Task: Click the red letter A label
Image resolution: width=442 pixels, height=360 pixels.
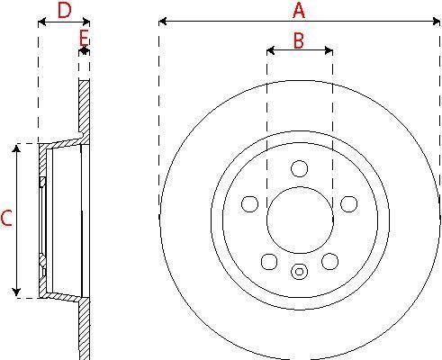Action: (299, 11)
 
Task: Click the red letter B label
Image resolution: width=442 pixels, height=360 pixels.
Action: (299, 40)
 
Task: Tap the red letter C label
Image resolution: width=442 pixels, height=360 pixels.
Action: (6, 218)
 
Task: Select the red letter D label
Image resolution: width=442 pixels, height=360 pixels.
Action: (64, 11)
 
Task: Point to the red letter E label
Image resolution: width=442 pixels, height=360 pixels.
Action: (85, 38)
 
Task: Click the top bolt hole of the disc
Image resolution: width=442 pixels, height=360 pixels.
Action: (299, 168)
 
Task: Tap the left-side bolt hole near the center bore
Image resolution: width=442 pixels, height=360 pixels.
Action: (249, 204)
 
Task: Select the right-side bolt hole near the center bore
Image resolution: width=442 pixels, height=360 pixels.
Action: (349, 204)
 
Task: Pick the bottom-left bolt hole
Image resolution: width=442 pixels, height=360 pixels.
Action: (269, 262)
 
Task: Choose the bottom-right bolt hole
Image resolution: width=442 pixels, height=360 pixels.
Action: (330, 261)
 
